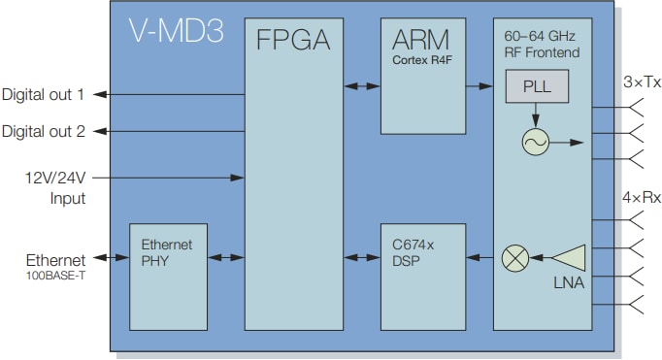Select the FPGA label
(293, 41)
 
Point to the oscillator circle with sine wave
(535, 143)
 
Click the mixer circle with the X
(513, 258)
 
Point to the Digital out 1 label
(43, 95)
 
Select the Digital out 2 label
(43, 131)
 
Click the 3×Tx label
(642, 83)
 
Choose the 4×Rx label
(642, 197)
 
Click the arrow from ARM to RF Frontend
(479, 87)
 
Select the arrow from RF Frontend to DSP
(479, 258)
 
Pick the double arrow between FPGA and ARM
(361, 87)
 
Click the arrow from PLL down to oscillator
(535, 115)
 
